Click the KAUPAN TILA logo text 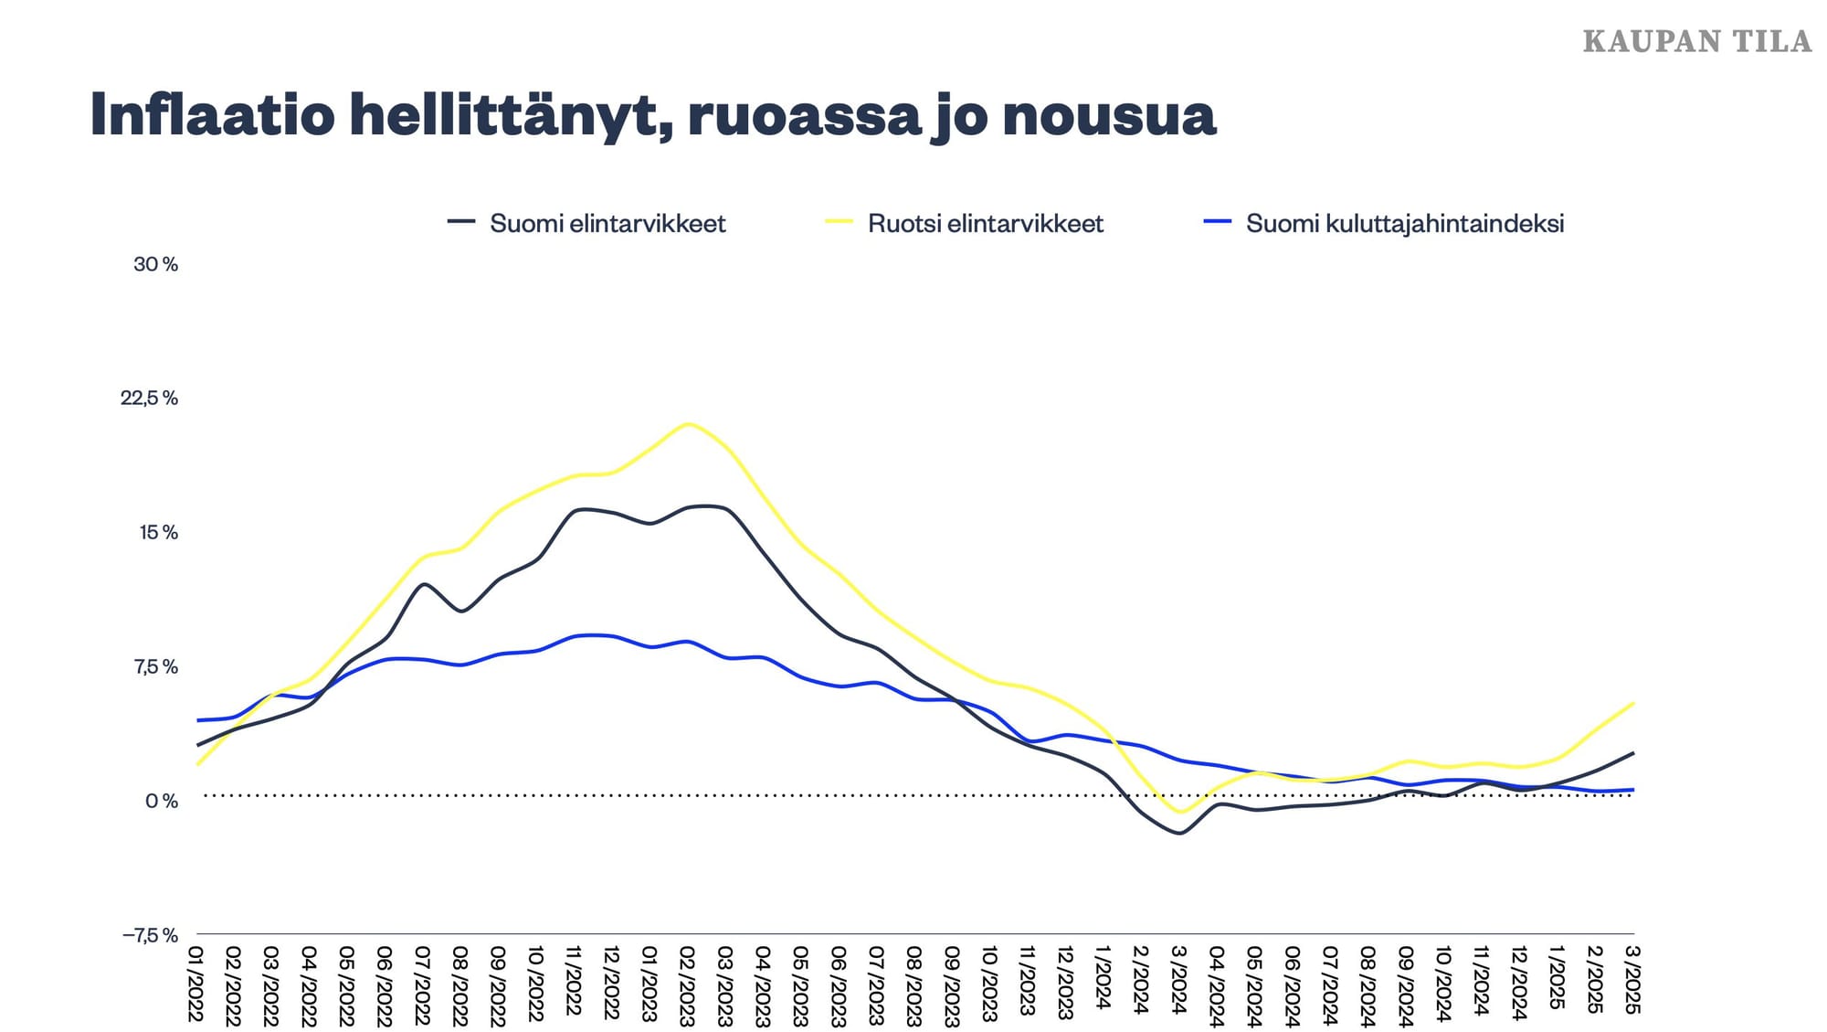click(1696, 42)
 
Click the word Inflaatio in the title click(212, 115)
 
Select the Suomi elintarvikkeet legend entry click(607, 223)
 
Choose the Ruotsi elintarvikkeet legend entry click(985, 223)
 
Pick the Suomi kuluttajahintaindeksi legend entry click(1404, 223)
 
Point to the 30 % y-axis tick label click(155, 264)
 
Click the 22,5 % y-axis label click(149, 398)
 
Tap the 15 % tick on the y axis click(158, 532)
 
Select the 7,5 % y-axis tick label click(155, 666)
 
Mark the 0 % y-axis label click(161, 801)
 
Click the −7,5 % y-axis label click(150, 935)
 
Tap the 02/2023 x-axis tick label click(687, 985)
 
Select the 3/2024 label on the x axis click(1178, 980)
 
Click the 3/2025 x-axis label click(1632, 980)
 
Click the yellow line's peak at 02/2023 click(688, 424)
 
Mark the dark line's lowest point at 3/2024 click(1178, 833)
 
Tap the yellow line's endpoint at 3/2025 click(1632, 703)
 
